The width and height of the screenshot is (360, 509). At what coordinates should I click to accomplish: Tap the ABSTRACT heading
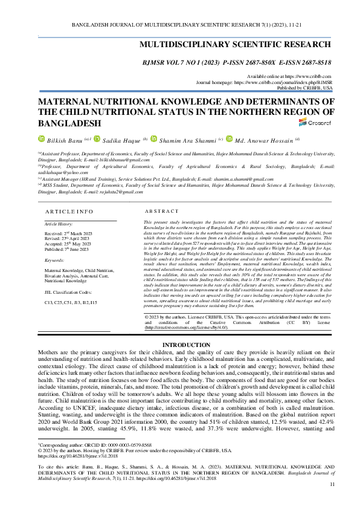pyautogui.click(x=161, y=212)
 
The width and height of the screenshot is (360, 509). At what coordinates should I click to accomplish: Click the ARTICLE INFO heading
pyautogui.click(x=69, y=212)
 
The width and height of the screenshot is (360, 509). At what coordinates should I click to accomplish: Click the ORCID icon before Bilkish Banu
pyautogui.click(x=42, y=139)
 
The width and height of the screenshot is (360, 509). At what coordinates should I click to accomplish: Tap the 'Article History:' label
pyautogui.click(x=59, y=224)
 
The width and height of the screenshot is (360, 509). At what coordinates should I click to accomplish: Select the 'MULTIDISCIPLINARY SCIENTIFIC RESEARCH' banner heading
pyautogui.click(x=236, y=45)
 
